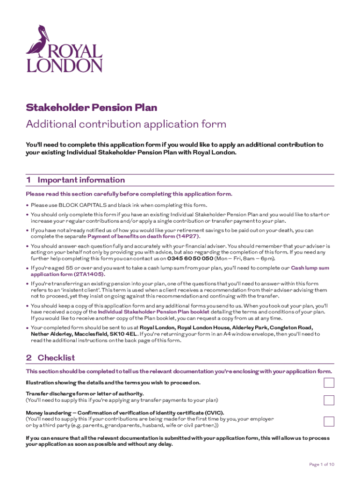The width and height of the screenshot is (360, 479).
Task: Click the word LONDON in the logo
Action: pos(64,65)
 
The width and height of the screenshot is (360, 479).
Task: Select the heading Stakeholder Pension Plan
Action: pos(91,108)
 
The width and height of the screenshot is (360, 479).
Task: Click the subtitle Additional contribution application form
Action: pos(126,124)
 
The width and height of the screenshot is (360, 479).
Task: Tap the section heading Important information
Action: pos(81,180)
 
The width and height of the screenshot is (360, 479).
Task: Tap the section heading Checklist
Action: pos(56,358)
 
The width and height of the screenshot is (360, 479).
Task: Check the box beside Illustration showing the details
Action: pos(329,383)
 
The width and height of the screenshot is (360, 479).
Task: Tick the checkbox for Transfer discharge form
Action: pos(329,400)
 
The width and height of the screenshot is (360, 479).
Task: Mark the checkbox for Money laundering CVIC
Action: pos(329,421)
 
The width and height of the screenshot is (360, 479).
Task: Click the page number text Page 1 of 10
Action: pos(322,464)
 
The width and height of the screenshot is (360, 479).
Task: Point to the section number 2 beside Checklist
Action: pos(29,358)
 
